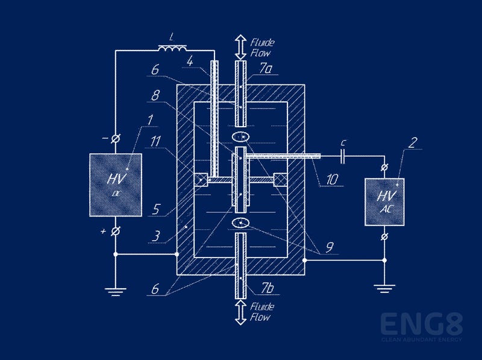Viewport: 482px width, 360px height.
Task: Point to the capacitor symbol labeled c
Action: pos(343,157)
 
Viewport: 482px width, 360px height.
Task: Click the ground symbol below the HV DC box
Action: pos(115,292)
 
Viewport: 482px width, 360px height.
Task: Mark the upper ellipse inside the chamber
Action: pos(242,137)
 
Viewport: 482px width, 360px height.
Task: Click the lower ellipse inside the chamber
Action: pos(242,223)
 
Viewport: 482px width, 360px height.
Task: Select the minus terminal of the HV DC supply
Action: pos(115,139)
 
